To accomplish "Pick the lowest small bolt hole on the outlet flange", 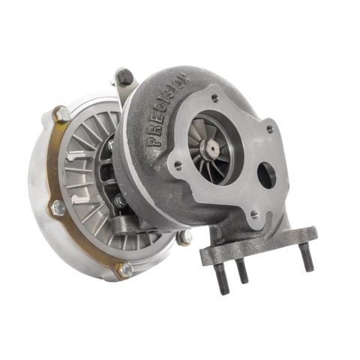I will pyautogui.click(x=255, y=214).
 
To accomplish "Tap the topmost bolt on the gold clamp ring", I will pyautogui.click(x=62, y=115).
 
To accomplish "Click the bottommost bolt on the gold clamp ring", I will pyautogui.click(x=124, y=269).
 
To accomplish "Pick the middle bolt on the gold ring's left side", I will pyautogui.click(x=56, y=206).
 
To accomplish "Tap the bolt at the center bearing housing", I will pyautogui.click(x=119, y=201).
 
